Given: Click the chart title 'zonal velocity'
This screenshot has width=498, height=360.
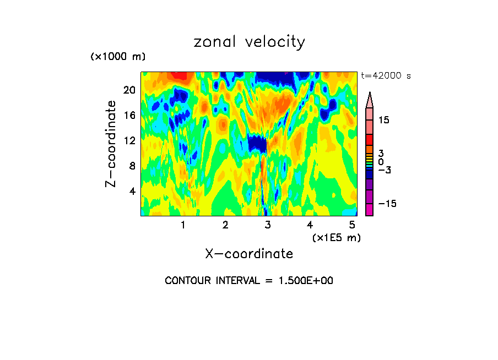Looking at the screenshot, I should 249,42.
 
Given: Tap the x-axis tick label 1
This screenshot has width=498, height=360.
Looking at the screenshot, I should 183,225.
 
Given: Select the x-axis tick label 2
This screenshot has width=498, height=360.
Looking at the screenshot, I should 225,225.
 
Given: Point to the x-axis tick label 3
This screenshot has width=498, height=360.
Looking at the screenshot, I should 268,225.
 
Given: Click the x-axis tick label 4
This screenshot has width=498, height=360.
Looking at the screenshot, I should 310,225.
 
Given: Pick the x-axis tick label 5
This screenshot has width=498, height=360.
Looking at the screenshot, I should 351,225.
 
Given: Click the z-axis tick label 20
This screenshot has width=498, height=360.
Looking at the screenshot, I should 129,90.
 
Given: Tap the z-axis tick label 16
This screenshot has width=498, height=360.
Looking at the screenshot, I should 129,116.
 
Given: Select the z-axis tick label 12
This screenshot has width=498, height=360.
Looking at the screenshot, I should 129,141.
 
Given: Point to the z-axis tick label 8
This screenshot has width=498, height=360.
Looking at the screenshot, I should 132,166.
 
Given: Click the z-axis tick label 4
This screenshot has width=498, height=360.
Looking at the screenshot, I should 132,192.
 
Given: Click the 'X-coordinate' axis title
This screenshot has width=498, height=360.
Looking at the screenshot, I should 249,254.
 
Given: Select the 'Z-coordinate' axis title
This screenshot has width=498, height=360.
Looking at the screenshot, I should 111,144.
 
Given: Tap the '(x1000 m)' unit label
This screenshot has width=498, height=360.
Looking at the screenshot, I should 118,57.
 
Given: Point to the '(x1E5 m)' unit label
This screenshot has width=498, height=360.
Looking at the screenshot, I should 336,237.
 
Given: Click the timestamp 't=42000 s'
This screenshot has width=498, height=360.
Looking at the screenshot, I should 386,76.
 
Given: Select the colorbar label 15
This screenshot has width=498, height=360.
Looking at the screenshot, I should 383,120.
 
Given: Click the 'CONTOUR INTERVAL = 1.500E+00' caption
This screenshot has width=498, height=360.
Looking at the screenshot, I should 249,281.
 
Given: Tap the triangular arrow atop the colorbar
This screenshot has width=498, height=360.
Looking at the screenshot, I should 370,100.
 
